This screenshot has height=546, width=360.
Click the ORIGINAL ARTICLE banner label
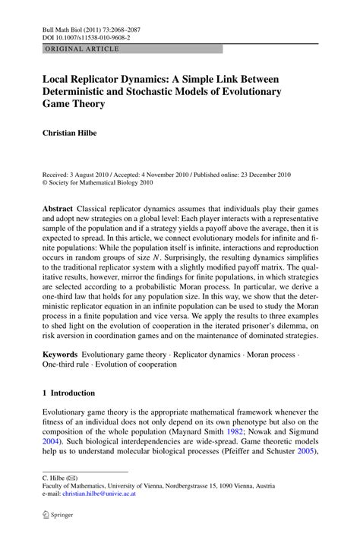(71, 49)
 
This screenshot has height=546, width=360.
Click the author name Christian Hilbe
(74, 133)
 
